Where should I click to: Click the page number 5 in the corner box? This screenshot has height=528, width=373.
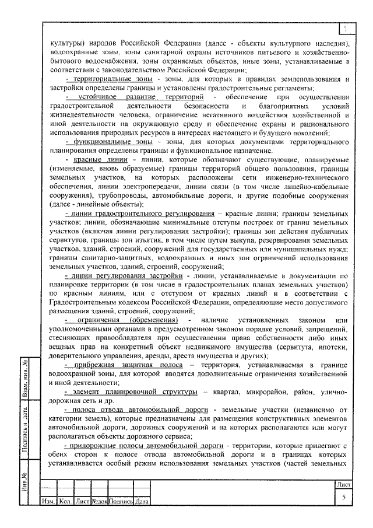(x=344, y=496)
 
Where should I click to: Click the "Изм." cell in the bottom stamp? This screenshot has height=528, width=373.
(x=47, y=501)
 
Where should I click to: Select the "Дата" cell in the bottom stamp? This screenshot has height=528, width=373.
(x=142, y=501)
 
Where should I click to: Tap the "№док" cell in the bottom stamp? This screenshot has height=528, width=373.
(x=98, y=501)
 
